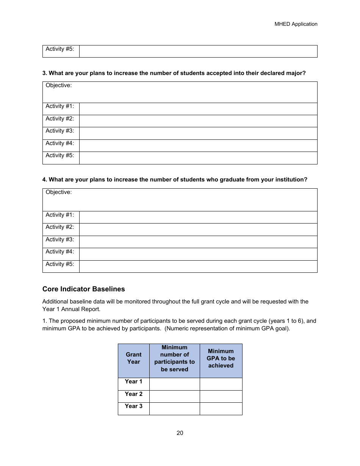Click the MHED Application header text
point(296,24)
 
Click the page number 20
point(180,433)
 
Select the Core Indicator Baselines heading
point(83,289)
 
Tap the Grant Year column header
point(133,358)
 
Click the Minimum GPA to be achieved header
point(221,358)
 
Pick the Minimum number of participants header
point(174,358)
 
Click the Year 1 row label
point(133,382)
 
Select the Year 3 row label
point(133,406)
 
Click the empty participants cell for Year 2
point(174,396)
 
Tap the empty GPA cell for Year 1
point(221,384)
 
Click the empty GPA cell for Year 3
point(221,408)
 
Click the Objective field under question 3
point(180,92)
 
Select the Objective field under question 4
point(180,200)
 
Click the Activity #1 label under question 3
point(60,106)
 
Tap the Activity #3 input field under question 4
point(198,242)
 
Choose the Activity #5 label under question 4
point(60,264)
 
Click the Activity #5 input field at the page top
point(198,51)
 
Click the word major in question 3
point(296,73)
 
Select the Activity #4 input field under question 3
point(198,145)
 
